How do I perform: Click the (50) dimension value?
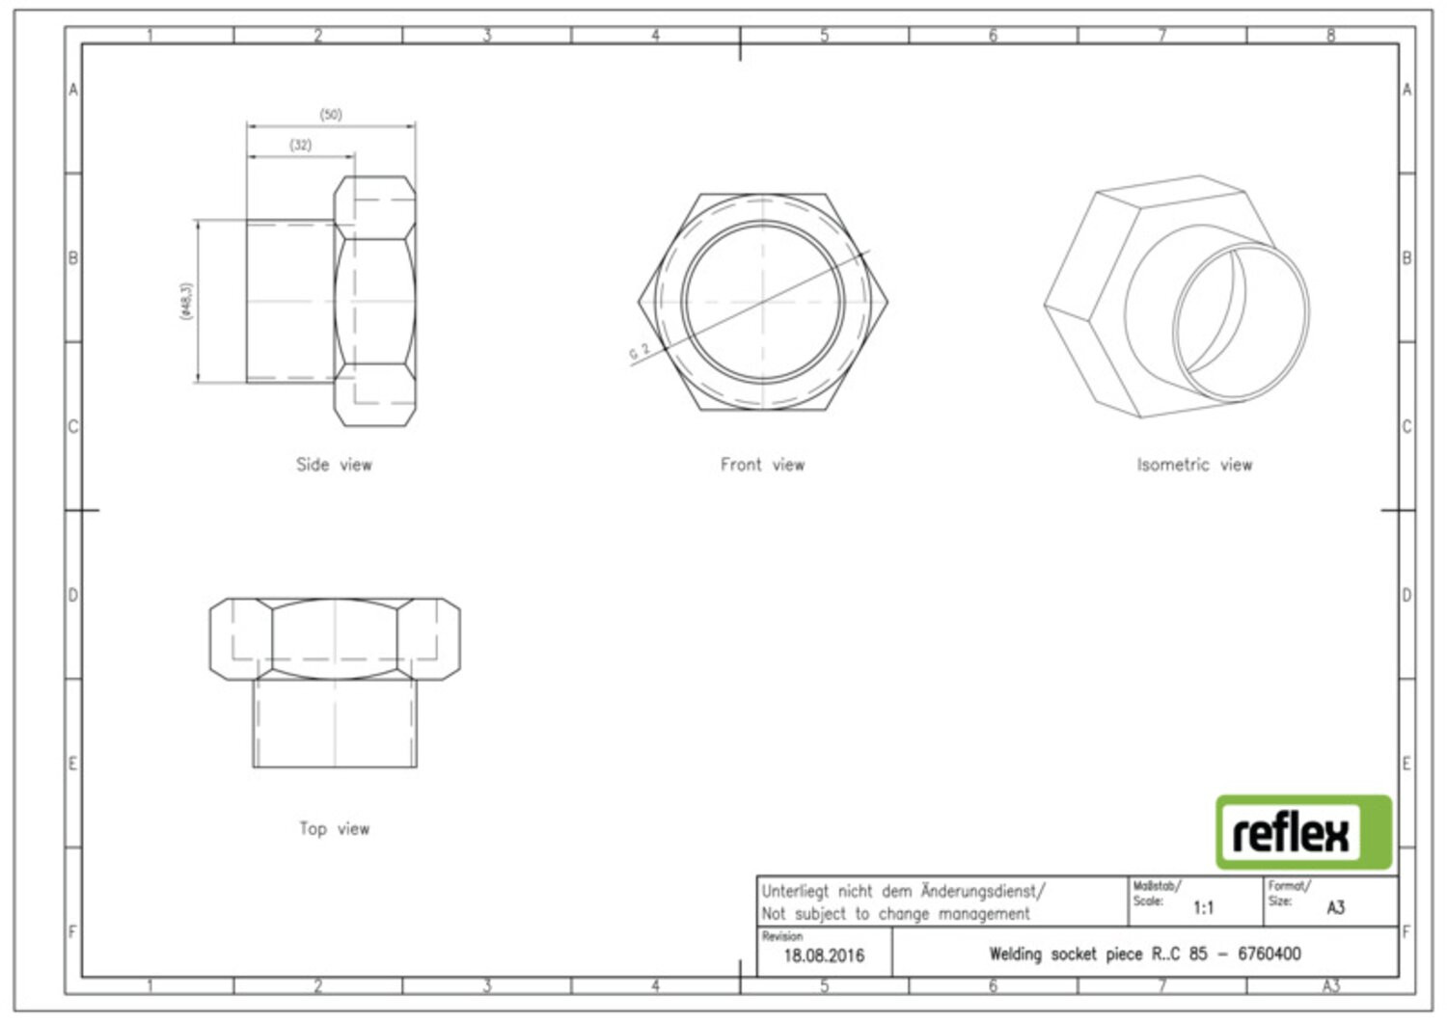click(331, 115)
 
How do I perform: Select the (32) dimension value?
click(300, 145)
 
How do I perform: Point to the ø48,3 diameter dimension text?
click(186, 300)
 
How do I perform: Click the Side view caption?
click(334, 465)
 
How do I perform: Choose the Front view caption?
click(762, 465)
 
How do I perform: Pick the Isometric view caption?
click(1194, 465)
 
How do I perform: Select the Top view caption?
click(334, 828)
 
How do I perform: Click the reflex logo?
click(1303, 832)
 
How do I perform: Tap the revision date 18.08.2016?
click(824, 955)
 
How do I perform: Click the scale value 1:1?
click(1204, 908)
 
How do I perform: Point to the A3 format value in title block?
click(1336, 908)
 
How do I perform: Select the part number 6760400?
click(1270, 954)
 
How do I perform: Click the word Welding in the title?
click(1015, 954)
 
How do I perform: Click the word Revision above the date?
click(781, 936)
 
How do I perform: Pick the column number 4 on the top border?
click(655, 35)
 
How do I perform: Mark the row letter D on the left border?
click(73, 595)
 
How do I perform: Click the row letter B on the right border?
click(1406, 257)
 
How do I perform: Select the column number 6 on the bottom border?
click(993, 986)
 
